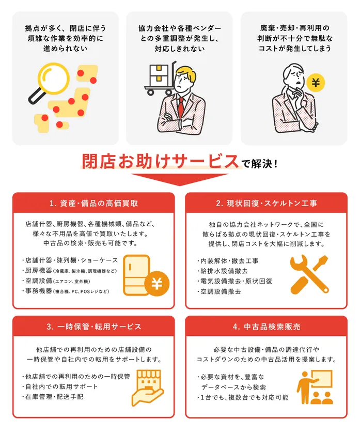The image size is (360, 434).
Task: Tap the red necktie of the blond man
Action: pos(181,105)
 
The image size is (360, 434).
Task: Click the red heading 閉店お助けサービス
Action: pos(160,162)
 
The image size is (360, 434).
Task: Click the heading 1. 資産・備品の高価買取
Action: pos(93,203)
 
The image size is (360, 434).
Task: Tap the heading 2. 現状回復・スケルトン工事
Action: pos(266,203)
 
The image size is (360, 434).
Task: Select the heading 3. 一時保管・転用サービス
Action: pos(93,327)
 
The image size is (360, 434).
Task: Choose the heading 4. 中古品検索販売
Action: pos(266,327)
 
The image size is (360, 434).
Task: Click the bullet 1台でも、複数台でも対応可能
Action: pos(242,397)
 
